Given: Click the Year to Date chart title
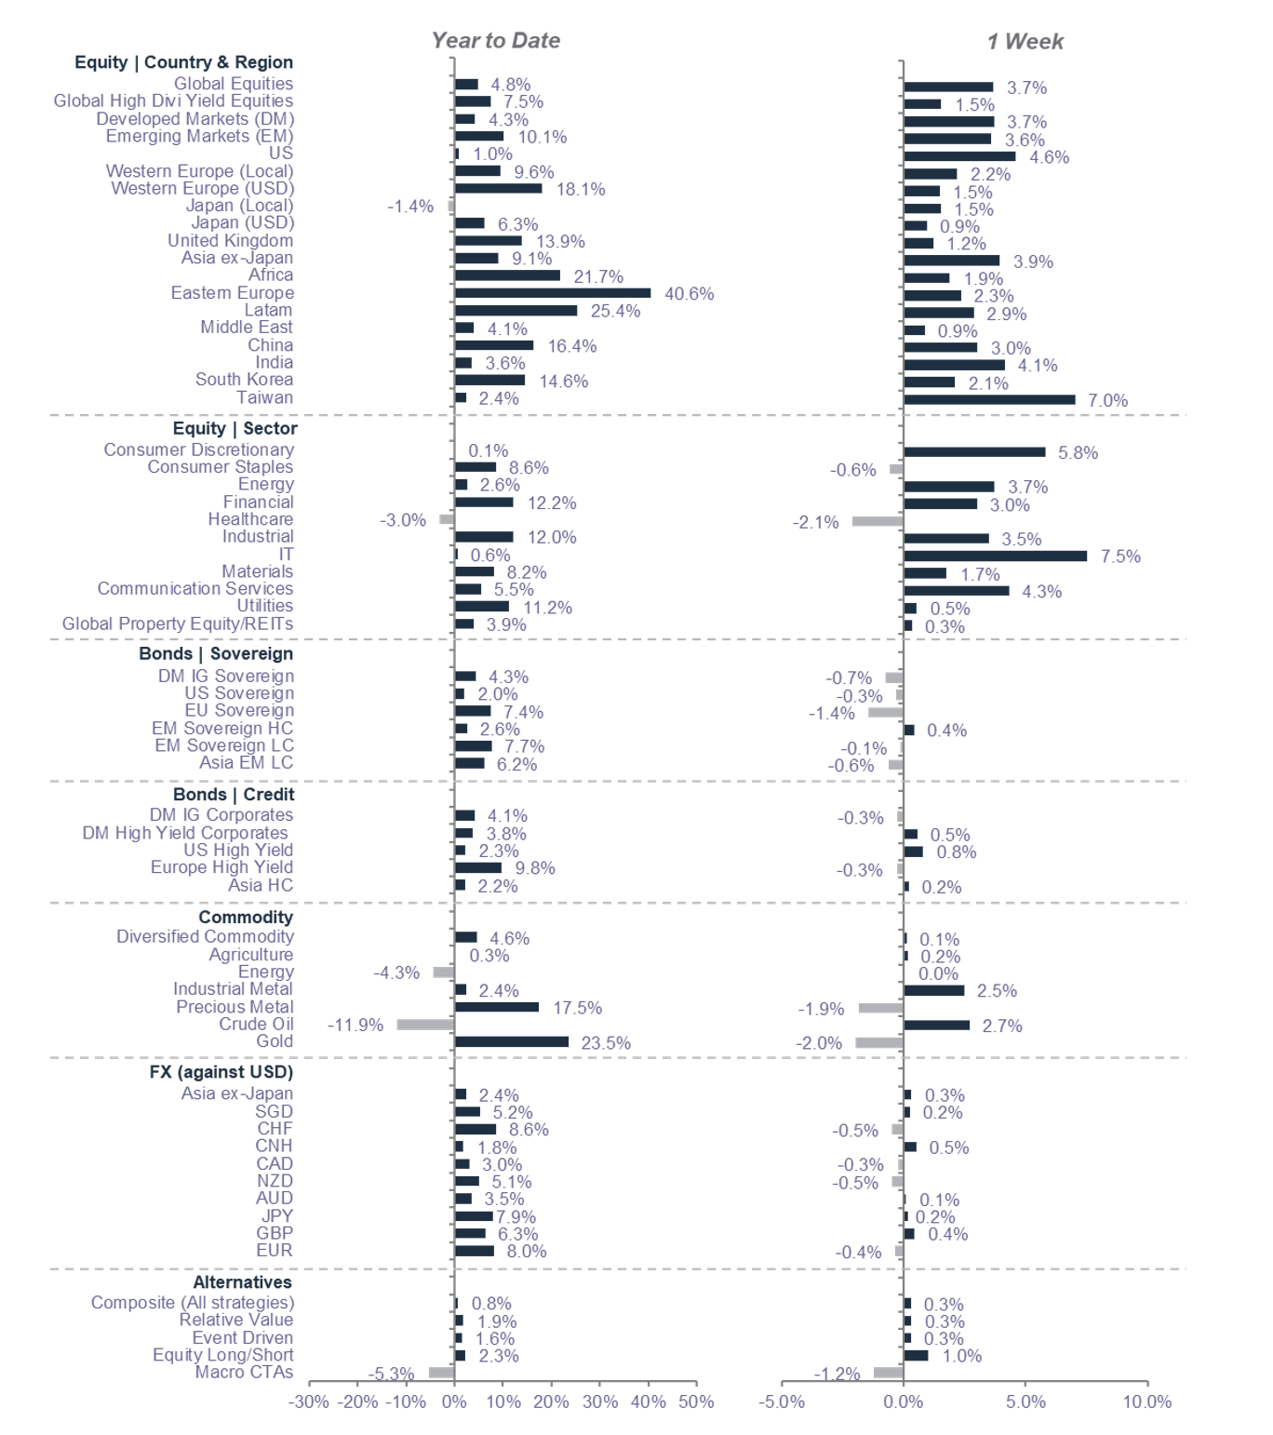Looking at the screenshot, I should (x=495, y=41).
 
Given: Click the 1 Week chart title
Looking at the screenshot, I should (x=1025, y=42).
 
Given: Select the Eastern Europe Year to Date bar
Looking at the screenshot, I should (x=553, y=293).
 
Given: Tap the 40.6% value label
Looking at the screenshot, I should (x=689, y=294).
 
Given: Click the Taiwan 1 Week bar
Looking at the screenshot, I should (x=989, y=400).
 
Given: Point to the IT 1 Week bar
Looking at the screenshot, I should (x=995, y=556).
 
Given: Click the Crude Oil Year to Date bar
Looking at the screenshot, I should (x=425, y=1025).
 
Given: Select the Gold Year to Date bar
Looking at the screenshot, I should (x=512, y=1042).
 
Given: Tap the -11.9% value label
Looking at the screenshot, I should (x=355, y=1025).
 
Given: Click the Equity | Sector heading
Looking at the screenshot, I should (x=234, y=428).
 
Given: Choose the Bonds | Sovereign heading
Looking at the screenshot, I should (x=216, y=653).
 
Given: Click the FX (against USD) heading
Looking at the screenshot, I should (x=221, y=1071).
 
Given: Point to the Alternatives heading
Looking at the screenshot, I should (x=242, y=1281).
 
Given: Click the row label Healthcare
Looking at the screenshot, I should (x=250, y=519).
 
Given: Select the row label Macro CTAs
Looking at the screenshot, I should (x=244, y=1373).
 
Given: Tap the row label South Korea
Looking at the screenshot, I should (x=244, y=380).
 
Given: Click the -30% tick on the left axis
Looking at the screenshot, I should (x=308, y=1402).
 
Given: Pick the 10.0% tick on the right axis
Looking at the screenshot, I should (x=1146, y=1402).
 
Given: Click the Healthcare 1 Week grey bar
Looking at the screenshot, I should (x=877, y=521).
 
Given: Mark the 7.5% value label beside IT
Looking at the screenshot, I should (x=1120, y=557).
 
